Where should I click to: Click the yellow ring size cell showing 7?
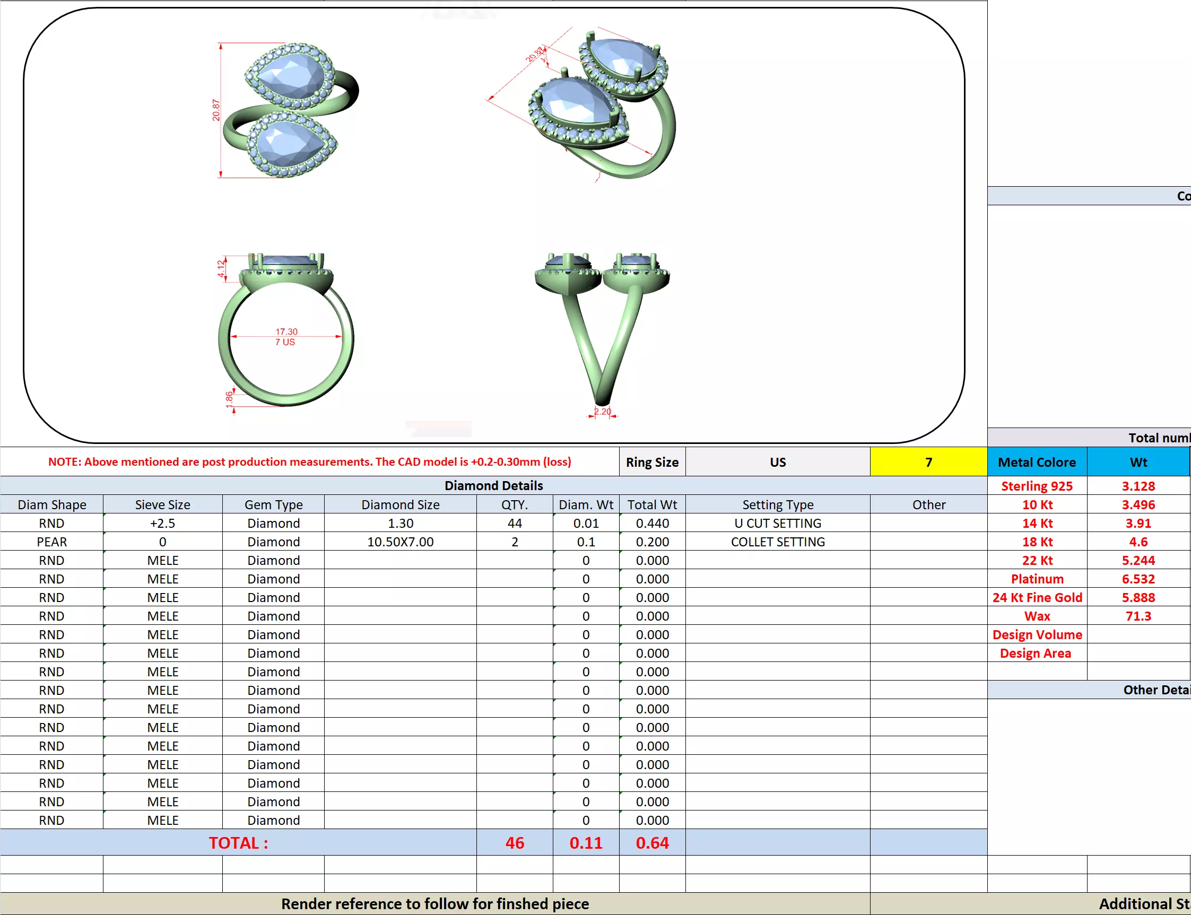[x=928, y=463]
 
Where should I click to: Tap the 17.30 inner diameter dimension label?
[x=286, y=332]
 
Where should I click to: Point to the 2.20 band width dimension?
[x=602, y=411]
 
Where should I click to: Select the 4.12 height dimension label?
[x=221, y=268]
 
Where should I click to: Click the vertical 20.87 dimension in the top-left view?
[x=216, y=110]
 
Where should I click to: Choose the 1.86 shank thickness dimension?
[x=229, y=397]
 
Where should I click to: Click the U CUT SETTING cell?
[x=777, y=524]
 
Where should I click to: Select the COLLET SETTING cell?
[x=777, y=542]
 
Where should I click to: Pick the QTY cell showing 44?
[x=515, y=524]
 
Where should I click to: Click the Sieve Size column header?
[x=162, y=505]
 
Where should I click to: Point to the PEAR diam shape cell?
[x=52, y=542]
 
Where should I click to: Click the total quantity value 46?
[x=515, y=843]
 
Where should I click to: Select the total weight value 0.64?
[x=652, y=843]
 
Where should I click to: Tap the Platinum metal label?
[x=1037, y=579]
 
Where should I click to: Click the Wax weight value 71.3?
[x=1138, y=616]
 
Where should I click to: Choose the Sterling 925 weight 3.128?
[x=1138, y=486]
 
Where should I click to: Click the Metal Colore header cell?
[x=1037, y=463]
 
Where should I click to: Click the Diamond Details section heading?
[x=493, y=486]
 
